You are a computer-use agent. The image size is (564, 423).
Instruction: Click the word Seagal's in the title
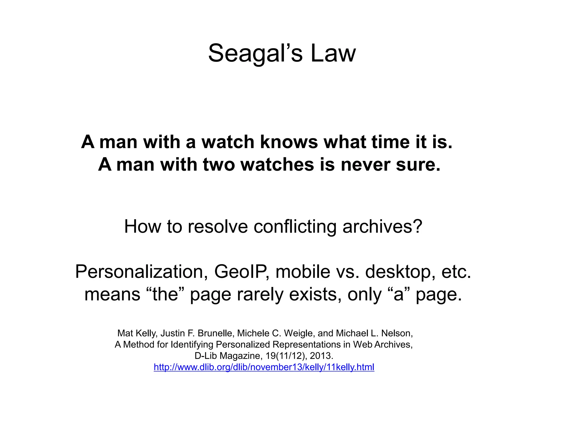point(255,53)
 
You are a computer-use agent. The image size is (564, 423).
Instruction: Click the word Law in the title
point(333,53)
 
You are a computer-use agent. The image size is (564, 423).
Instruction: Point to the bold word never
point(365,165)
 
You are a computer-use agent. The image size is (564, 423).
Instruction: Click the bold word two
point(219,165)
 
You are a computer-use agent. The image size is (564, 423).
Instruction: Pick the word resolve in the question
point(218,227)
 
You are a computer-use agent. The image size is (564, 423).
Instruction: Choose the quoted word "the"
point(165,294)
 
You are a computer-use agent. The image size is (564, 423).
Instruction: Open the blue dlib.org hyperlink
point(264,367)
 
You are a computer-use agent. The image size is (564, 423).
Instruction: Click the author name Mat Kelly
point(137,333)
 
